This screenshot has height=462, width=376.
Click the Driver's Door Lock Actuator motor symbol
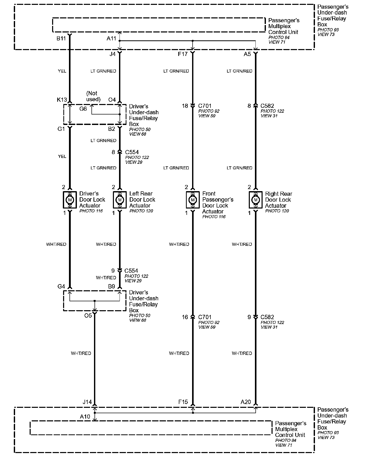click(x=70, y=200)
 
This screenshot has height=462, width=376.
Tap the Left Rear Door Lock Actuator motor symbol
click(x=120, y=200)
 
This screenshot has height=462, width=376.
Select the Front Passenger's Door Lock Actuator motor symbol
click(x=193, y=200)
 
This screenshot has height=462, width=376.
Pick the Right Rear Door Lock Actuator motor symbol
click(x=255, y=200)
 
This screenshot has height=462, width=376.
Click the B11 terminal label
click(x=61, y=39)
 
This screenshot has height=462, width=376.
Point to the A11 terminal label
click(x=111, y=39)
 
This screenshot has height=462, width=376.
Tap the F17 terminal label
click(x=183, y=54)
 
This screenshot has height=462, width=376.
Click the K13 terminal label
click(x=62, y=100)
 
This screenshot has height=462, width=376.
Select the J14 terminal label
click(x=87, y=402)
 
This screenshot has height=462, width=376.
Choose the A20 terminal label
click(x=246, y=402)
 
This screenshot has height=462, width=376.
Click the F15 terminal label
click(x=183, y=402)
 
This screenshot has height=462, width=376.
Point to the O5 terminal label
click(x=88, y=316)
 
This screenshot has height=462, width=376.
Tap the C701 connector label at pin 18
click(x=205, y=106)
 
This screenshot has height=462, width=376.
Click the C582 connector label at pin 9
click(x=267, y=317)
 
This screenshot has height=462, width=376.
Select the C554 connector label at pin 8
click(x=132, y=152)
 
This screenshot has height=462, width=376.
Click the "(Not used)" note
click(x=93, y=96)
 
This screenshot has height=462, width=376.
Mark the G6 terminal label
click(x=83, y=109)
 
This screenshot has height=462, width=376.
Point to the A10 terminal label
click(x=85, y=417)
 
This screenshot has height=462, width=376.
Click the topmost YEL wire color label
click(x=62, y=71)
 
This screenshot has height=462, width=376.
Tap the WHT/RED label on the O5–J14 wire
click(x=81, y=353)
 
